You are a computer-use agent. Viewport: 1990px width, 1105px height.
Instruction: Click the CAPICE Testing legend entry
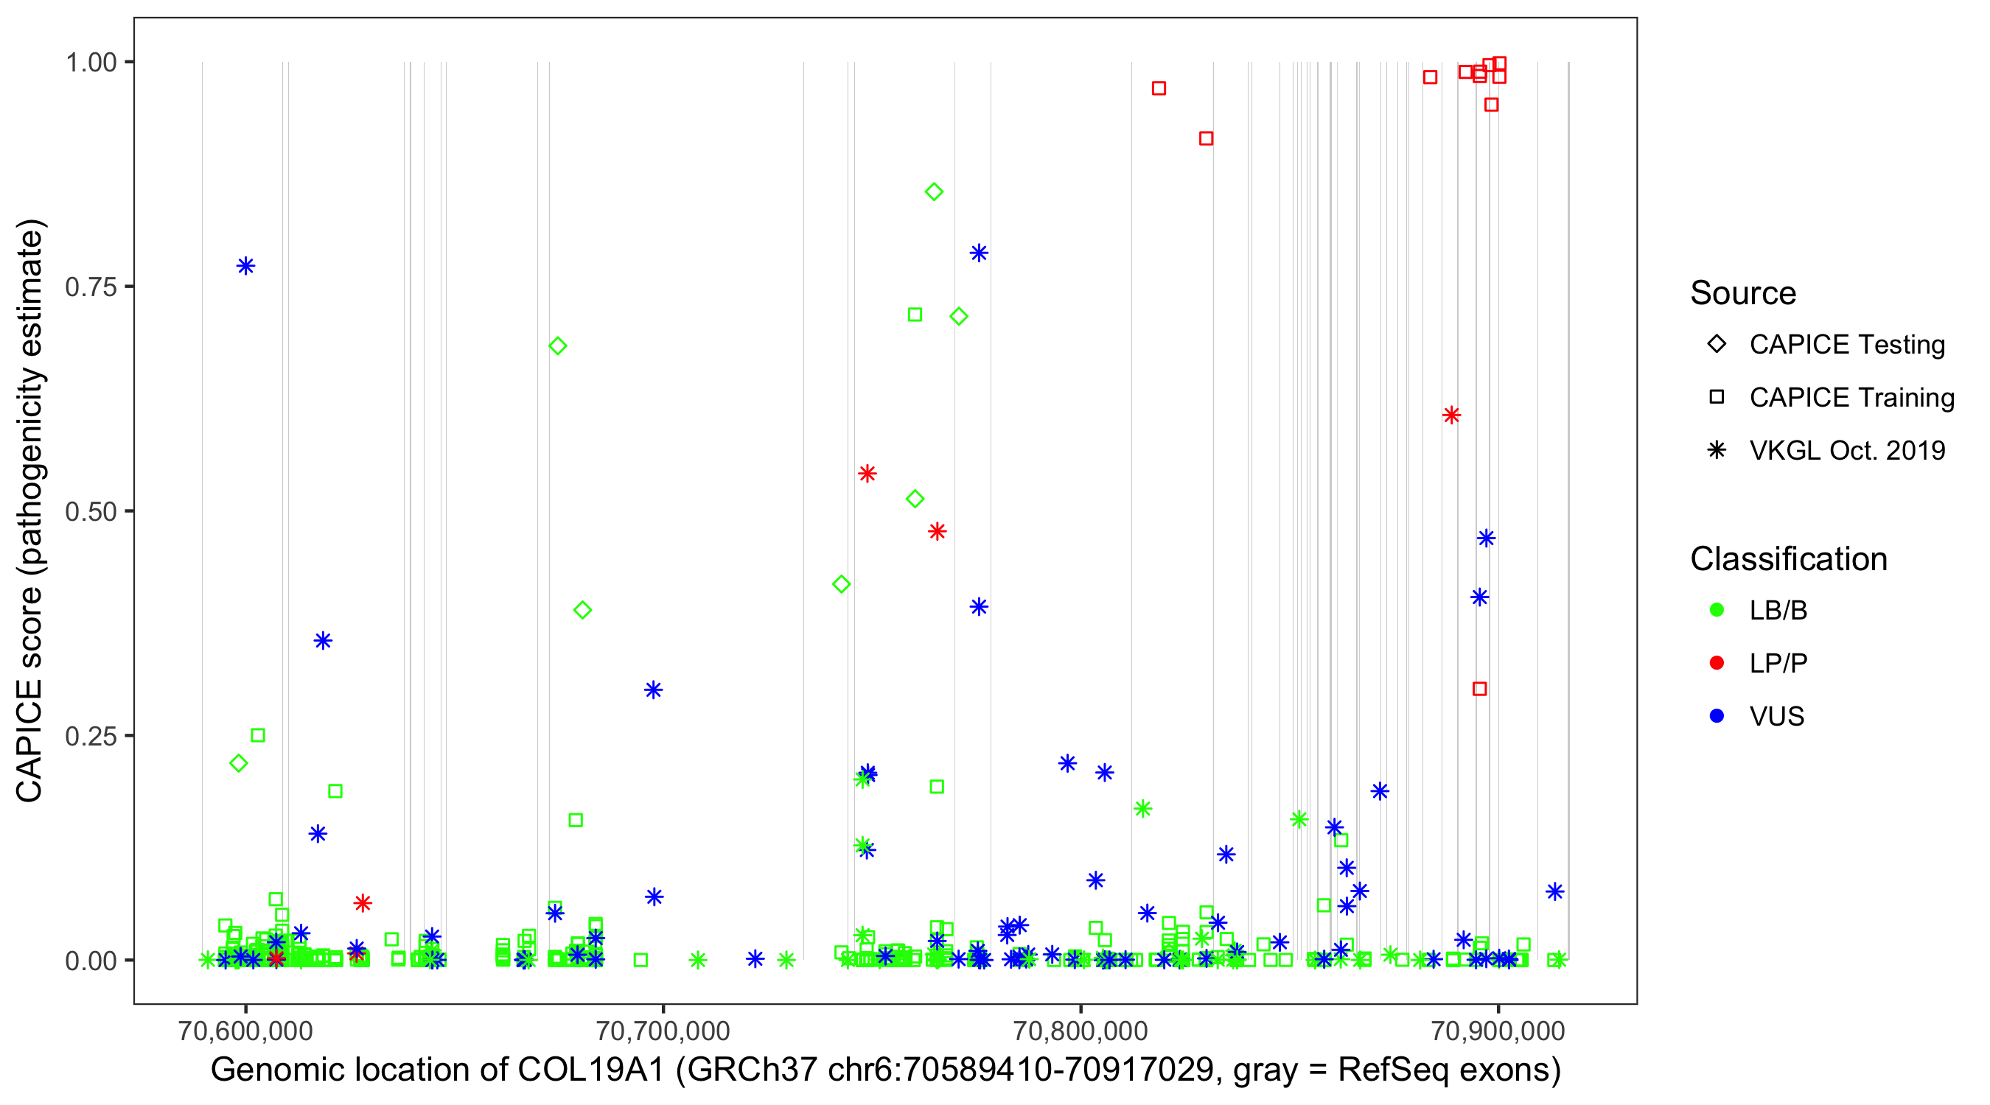[x=1846, y=345]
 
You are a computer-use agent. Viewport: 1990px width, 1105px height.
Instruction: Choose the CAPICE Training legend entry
[x=1851, y=398]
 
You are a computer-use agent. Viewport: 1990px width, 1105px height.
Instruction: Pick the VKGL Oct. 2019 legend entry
[x=1846, y=450]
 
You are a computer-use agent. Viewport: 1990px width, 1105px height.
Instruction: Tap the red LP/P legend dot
[x=1717, y=663]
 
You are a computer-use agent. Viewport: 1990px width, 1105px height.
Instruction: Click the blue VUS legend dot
[x=1717, y=716]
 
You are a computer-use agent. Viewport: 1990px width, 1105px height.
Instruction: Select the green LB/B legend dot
[x=1717, y=610]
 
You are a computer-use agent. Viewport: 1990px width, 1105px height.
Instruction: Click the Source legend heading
[x=1743, y=293]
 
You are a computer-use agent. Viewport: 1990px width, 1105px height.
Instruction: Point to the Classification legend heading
[x=1788, y=559]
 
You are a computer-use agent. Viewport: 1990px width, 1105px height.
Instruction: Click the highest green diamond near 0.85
[x=934, y=192]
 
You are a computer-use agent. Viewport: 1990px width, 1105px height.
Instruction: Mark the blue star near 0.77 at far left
[x=245, y=267]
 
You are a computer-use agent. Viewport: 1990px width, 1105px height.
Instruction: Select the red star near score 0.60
[x=1451, y=415]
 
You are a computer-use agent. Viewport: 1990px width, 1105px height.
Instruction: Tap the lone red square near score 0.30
[x=1479, y=689]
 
